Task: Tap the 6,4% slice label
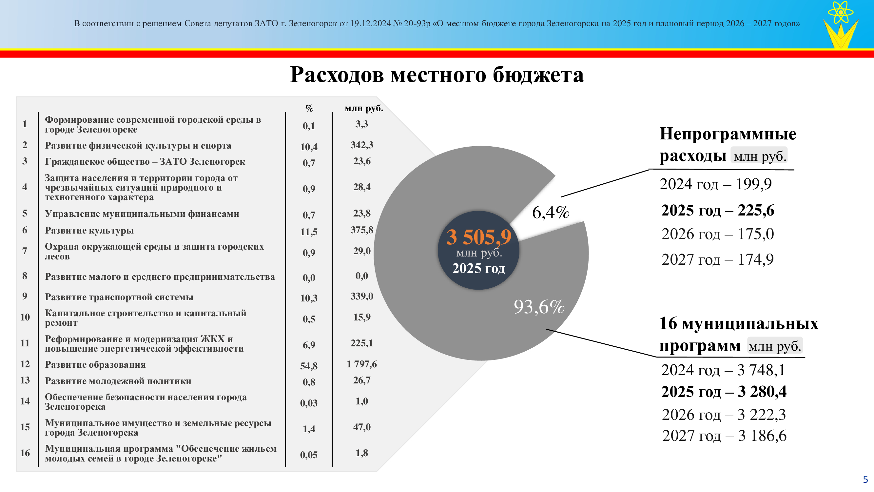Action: tap(551, 212)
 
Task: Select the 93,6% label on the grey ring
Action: tap(539, 307)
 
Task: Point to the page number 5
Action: tap(865, 480)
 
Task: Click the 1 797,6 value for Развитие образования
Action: tap(362, 364)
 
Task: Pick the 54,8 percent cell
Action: tap(309, 366)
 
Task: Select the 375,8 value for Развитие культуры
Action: tap(362, 230)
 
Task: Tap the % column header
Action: tap(309, 108)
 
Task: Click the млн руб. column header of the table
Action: tap(364, 108)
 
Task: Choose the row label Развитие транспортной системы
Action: tap(119, 297)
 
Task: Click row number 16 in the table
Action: tap(25, 453)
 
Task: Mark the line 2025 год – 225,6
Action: tap(718, 210)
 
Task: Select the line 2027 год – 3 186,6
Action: tap(724, 436)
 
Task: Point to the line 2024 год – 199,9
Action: tap(716, 184)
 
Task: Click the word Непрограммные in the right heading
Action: tap(728, 134)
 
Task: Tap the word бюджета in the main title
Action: tap(538, 75)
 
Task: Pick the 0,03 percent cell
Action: tap(309, 403)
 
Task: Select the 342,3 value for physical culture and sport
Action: tap(362, 145)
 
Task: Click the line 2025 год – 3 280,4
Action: tap(724, 392)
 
